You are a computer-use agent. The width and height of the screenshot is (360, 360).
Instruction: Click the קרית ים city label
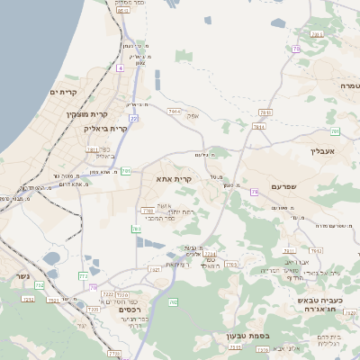pos(67,92)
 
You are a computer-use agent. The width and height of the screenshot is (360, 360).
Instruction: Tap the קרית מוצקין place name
pos(86,114)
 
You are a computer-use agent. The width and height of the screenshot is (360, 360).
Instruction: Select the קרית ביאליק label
pos(111,128)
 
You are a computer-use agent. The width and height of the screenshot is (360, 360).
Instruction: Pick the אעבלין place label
pos(321,151)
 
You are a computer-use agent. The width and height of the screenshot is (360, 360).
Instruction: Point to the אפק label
pos(192,116)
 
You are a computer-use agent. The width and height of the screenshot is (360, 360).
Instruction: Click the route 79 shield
pos(255,192)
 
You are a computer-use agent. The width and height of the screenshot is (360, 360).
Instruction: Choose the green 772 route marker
pos(83,275)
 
